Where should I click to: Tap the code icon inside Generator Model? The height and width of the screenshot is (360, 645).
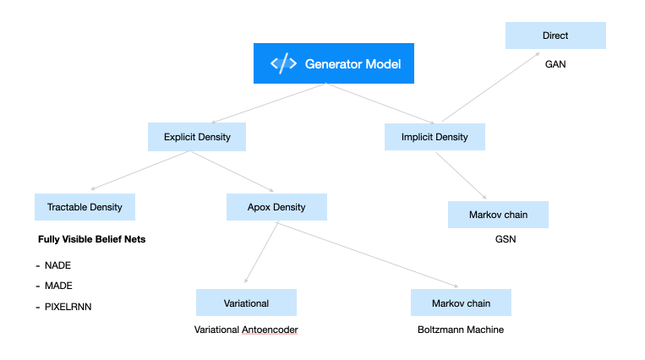[283, 64]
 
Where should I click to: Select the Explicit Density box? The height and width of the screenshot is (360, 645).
[197, 136]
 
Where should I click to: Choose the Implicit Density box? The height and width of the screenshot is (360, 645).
[434, 136]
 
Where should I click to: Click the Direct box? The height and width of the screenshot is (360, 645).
[555, 36]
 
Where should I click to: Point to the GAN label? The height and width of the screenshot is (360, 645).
[555, 63]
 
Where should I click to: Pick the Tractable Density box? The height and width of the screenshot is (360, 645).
[85, 207]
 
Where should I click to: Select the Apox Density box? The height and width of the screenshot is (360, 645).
[277, 207]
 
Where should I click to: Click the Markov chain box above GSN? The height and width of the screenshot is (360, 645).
[498, 215]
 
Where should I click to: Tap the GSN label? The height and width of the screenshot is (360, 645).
[505, 239]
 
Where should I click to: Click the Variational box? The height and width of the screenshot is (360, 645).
[246, 303]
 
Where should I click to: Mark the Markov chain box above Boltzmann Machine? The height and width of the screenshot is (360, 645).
[461, 303]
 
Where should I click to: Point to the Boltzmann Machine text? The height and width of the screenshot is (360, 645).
[461, 330]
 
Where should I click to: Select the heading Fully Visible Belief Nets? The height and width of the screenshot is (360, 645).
[92, 239]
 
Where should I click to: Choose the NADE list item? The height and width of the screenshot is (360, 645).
[57, 265]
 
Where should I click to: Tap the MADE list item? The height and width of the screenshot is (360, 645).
[58, 286]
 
